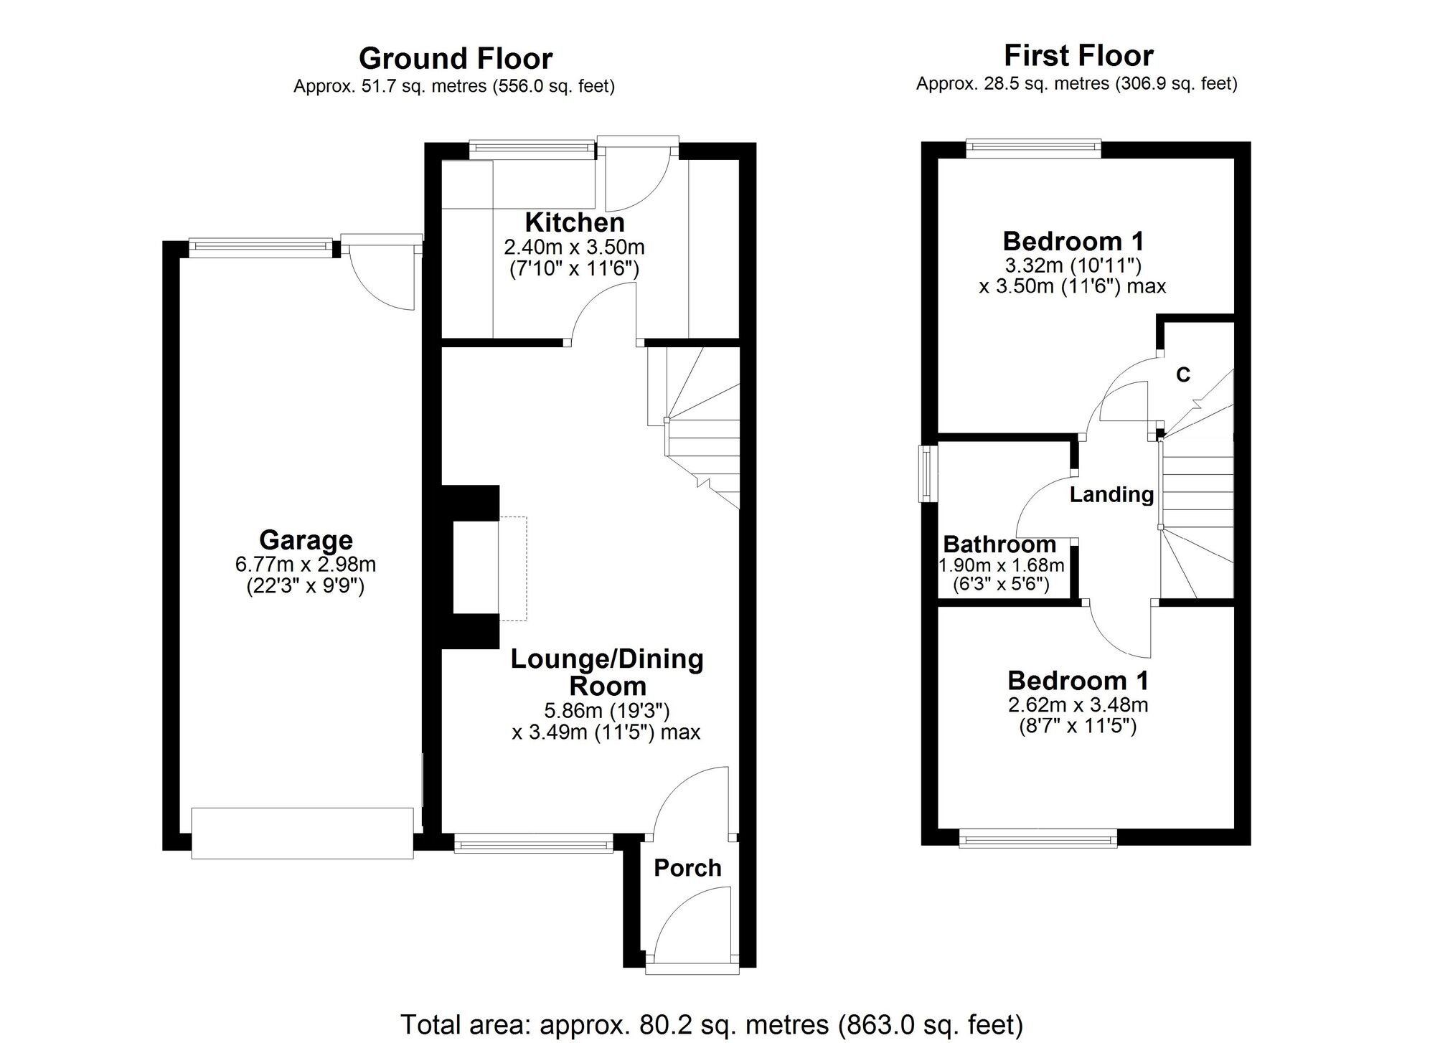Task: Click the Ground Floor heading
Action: (x=455, y=58)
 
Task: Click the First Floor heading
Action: (x=1078, y=55)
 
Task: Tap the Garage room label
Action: (x=306, y=539)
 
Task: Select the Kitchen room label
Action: (x=574, y=222)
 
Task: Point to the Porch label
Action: (x=687, y=868)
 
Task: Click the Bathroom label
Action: (x=999, y=544)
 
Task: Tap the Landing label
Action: (x=1111, y=494)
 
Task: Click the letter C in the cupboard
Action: (x=1183, y=374)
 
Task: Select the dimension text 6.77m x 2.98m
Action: (x=306, y=564)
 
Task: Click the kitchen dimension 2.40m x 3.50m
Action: (x=574, y=247)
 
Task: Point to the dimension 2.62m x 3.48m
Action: (x=1078, y=704)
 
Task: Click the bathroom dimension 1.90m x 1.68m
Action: (x=1002, y=565)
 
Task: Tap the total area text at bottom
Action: (x=711, y=1024)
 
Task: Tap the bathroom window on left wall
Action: (x=928, y=474)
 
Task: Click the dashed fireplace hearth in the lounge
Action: (x=514, y=568)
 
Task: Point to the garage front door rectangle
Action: (x=302, y=833)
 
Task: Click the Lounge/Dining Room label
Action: (x=606, y=672)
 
